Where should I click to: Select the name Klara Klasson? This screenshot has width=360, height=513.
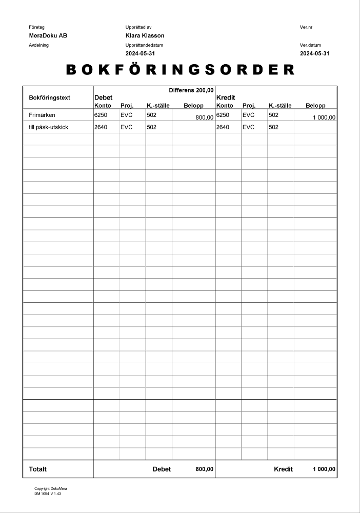[x=145, y=36]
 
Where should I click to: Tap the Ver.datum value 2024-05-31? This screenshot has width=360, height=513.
[x=314, y=53]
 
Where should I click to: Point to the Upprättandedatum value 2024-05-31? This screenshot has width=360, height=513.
[x=140, y=53]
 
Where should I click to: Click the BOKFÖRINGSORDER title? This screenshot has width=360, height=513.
[x=181, y=70]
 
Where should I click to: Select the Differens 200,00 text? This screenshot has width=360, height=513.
[x=191, y=90]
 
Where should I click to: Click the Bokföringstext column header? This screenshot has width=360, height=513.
[x=50, y=97]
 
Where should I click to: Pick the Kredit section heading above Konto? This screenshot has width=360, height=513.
[x=226, y=97]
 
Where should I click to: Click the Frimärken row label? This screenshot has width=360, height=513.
[x=42, y=115]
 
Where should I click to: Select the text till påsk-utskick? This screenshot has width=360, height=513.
[x=49, y=127]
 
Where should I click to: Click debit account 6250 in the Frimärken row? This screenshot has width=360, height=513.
[x=101, y=115]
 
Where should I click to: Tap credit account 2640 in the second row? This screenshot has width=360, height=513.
[x=223, y=127]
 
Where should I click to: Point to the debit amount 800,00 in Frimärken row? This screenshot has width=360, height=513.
[x=204, y=117]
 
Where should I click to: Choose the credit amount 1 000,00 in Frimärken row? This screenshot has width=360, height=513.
[x=324, y=117]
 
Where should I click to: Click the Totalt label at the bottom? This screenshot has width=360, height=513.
[x=38, y=469]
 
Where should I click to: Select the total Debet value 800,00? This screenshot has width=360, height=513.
[x=205, y=469]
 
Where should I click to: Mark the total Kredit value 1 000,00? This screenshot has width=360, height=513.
[x=324, y=469]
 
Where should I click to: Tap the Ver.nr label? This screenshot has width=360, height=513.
[x=306, y=27]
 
